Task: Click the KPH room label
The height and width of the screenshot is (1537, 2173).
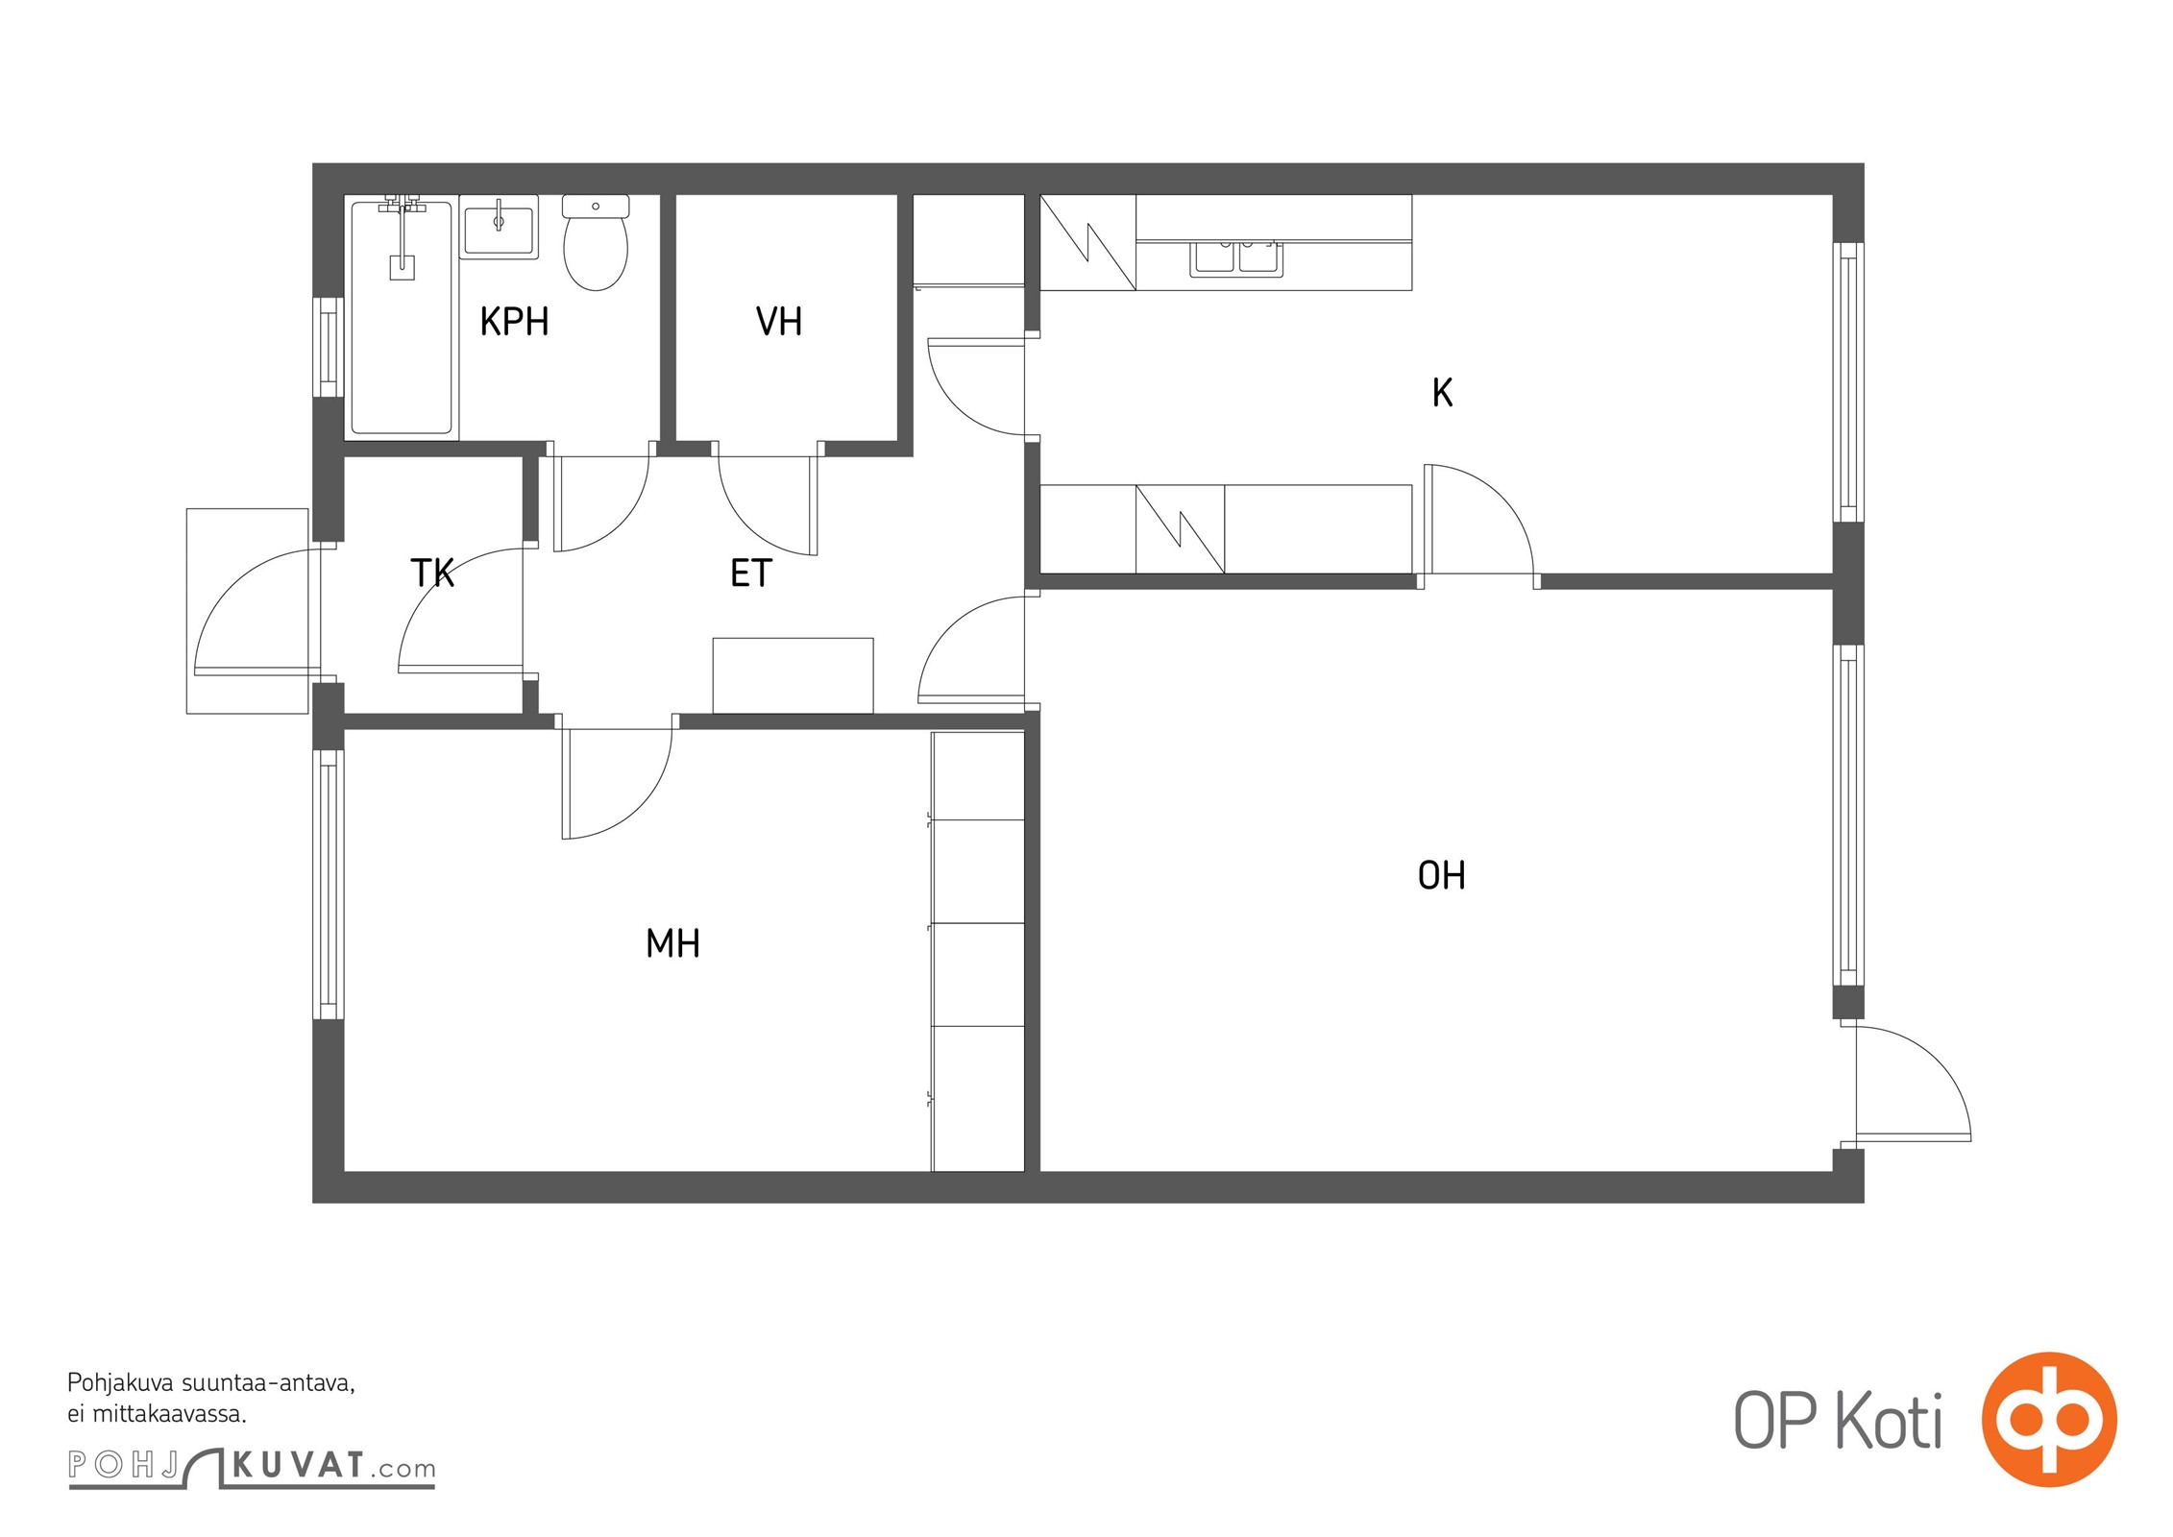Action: [514, 322]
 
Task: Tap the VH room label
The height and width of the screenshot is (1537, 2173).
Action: [778, 322]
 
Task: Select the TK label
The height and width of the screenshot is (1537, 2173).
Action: [431, 573]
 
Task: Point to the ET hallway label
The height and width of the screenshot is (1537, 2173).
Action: [750, 573]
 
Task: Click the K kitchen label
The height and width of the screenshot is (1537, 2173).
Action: [1441, 393]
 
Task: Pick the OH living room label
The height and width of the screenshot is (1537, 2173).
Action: [1441, 875]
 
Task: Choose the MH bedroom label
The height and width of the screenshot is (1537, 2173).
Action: [672, 943]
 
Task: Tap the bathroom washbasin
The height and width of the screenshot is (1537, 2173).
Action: [499, 228]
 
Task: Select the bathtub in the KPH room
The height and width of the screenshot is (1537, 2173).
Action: [402, 317]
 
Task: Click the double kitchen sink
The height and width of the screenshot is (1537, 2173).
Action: [1235, 257]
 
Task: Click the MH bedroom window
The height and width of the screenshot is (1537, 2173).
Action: [330, 884]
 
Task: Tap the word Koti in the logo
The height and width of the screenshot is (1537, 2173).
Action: [1889, 1421]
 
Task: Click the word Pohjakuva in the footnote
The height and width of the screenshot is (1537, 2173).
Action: [121, 1383]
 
